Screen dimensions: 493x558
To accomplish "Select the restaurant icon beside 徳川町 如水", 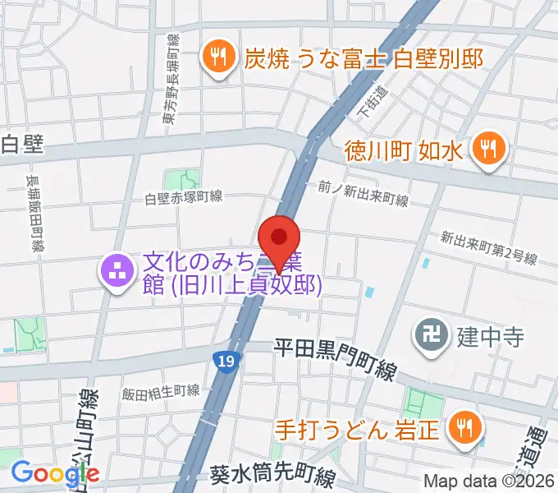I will tap(490, 150).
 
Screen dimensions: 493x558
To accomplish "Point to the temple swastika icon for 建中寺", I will tap(430, 334).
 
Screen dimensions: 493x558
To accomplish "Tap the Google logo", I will tap(55, 472).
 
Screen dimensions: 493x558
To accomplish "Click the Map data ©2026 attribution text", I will tap(489, 481).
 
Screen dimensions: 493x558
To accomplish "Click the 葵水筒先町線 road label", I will tap(272, 476).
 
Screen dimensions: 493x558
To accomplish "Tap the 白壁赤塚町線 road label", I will tap(184, 197).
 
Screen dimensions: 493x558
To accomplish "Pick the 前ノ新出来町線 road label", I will tap(363, 194).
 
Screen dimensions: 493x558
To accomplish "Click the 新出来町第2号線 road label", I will tap(488, 248).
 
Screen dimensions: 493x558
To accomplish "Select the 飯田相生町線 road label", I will tap(160, 392).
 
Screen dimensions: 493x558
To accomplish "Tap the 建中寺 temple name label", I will tap(491, 337).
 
